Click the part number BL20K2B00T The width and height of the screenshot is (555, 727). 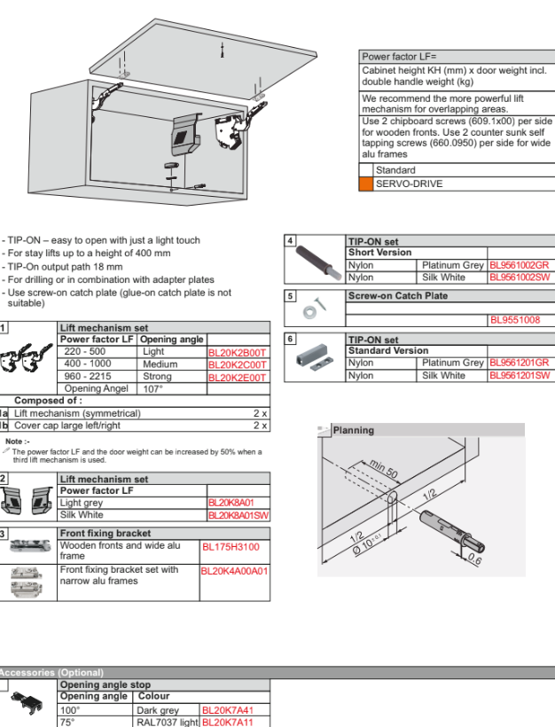237,352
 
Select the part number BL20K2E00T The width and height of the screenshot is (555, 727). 237,378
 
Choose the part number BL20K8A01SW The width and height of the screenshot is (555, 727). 238,515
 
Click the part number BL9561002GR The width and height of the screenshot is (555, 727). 520,265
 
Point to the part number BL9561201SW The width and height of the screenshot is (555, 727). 520,375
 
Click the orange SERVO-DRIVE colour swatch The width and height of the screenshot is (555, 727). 365,184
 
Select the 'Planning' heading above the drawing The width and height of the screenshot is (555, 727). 353,431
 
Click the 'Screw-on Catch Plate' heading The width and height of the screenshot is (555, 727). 397,296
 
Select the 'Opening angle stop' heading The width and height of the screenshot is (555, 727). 105,685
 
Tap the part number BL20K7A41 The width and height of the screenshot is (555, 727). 226,710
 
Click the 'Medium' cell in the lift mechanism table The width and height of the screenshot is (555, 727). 160,364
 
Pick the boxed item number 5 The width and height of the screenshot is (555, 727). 290,296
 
